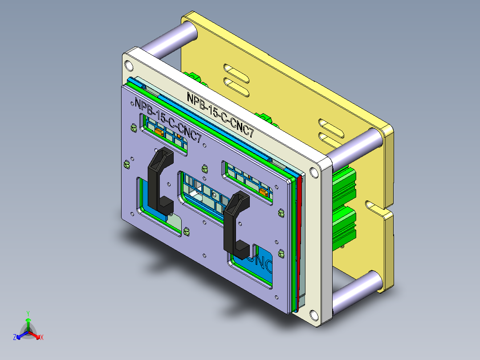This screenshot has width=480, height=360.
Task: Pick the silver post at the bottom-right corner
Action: pyautogui.click(x=356, y=292)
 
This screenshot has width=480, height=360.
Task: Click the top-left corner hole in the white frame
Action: pyautogui.click(x=128, y=65)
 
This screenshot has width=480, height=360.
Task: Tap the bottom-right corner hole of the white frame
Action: pyautogui.click(x=315, y=315)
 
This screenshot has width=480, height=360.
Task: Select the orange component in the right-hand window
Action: pyautogui.click(x=263, y=192)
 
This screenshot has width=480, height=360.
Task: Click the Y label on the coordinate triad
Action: pyautogui.click(x=28, y=313)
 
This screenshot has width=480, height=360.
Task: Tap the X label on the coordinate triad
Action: pyautogui.click(x=42, y=338)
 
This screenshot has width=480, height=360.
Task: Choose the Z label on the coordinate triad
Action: pyautogui.click(x=14, y=338)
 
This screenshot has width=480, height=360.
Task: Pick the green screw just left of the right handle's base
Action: pyautogui.click(x=186, y=231)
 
